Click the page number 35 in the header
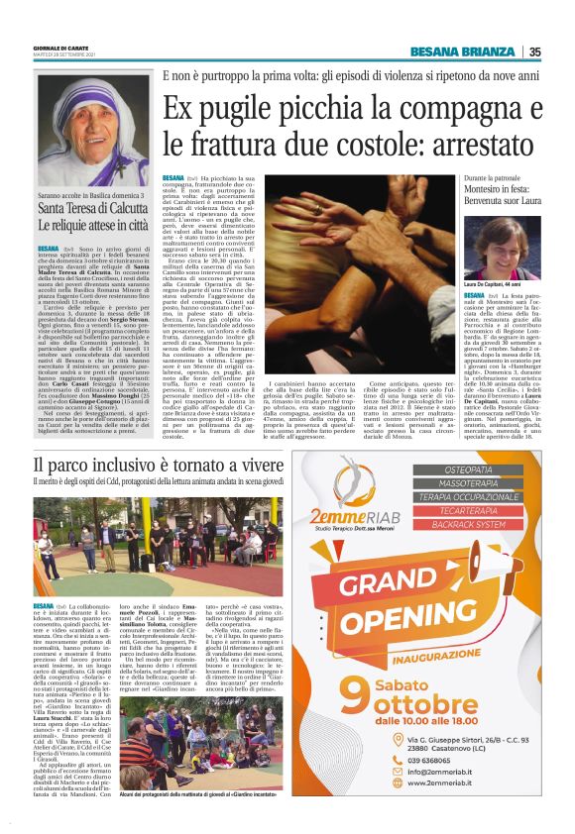[534, 52]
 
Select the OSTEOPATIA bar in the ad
[482, 470]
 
